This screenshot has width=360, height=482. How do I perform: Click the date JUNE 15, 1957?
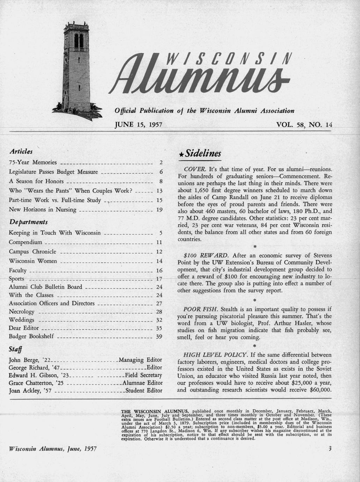[x=138, y=125]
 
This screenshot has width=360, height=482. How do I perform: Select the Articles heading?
[x=21, y=152]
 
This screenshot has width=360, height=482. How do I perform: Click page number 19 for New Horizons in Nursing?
[x=159, y=210]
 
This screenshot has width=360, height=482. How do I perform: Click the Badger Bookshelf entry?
[x=31, y=336]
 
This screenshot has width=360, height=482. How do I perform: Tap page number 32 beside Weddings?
[x=159, y=320]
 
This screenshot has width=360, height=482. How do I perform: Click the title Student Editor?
[x=144, y=390]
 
